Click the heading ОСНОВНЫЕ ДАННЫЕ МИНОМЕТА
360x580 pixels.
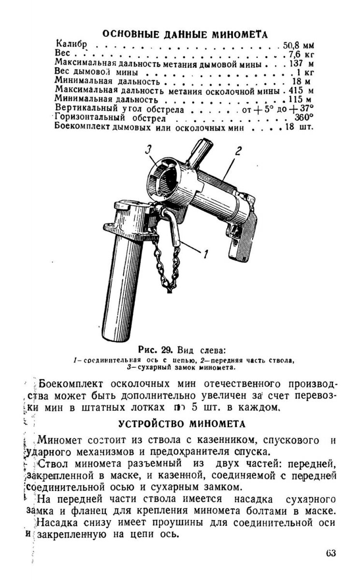185,34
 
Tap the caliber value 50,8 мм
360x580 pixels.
298,46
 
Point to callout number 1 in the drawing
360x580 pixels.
207,252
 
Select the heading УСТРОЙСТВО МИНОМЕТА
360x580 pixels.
182,425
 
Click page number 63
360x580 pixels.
331,553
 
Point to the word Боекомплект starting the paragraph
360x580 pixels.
73,385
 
